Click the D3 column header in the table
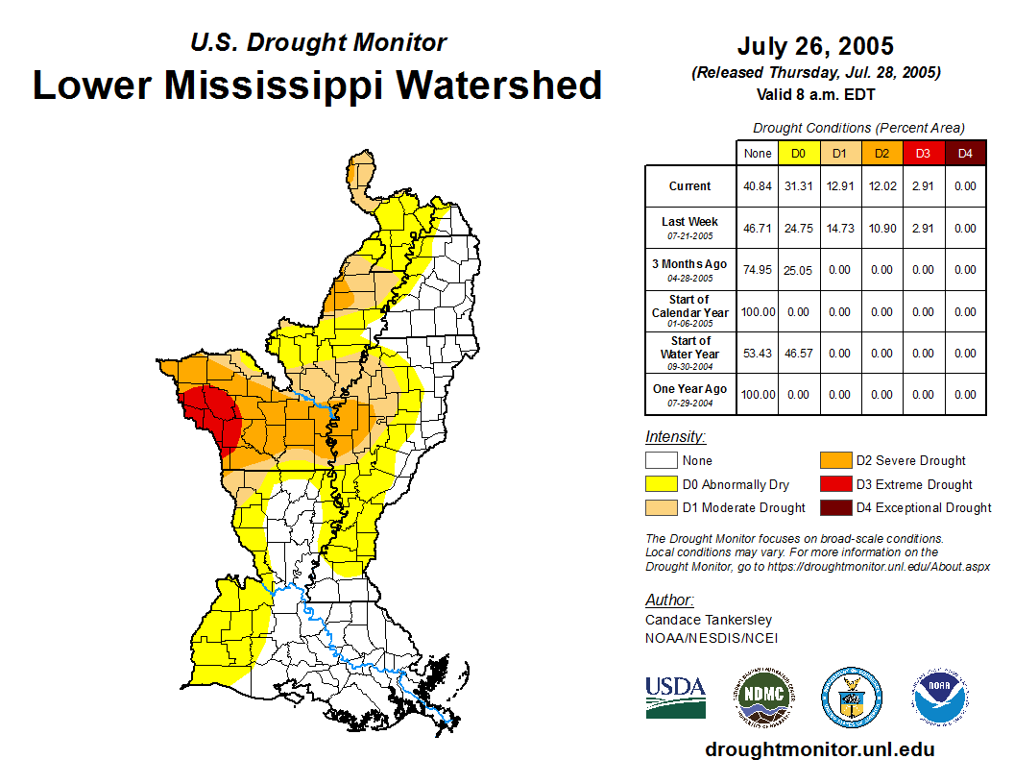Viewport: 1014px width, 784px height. (x=923, y=153)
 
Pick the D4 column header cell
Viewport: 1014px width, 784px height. (x=964, y=153)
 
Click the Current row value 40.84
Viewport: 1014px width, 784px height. (x=758, y=186)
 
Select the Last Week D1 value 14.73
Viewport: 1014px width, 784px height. (x=840, y=229)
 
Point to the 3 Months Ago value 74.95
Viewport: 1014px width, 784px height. (x=758, y=270)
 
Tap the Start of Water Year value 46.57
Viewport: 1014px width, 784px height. (x=799, y=354)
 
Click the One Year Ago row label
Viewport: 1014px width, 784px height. (x=690, y=389)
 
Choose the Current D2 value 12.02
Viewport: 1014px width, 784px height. (x=881, y=186)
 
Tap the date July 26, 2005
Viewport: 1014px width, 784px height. (x=815, y=46)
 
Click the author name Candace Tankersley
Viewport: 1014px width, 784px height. (x=709, y=620)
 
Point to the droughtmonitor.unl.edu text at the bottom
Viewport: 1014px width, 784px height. (x=819, y=749)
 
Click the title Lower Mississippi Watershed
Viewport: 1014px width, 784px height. (x=318, y=86)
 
